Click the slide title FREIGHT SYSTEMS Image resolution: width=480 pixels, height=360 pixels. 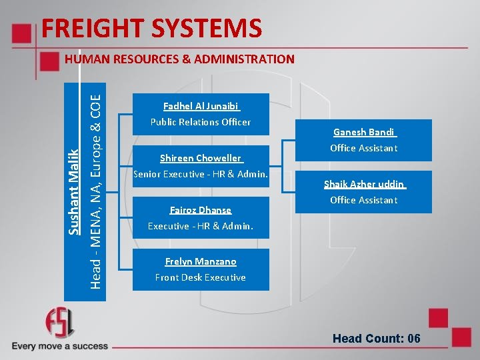click(151, 29)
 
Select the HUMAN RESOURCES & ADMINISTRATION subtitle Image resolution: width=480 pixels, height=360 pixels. click(179, 59)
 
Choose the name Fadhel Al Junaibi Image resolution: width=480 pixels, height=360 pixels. click(201, 106)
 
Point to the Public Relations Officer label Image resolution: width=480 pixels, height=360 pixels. click(201, 122)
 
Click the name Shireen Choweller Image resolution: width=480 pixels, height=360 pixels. click(201, 158)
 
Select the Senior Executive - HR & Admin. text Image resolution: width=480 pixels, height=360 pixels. click(201, 174)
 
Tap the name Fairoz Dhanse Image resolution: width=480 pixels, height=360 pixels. click(201, 210)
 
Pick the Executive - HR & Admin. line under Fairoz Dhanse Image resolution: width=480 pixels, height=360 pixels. click(201, 226)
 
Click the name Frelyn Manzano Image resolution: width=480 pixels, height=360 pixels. click(201, 262)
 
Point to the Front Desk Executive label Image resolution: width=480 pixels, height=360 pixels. click(201, 277)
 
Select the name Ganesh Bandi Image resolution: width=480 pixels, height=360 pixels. click(364, 132)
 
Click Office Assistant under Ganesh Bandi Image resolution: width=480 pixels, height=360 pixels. click(364, 148)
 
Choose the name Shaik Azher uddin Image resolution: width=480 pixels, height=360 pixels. click(364, 184)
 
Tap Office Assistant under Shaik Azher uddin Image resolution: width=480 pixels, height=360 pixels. click(364, 200)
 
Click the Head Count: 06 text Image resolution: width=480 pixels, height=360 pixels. click(377, 339)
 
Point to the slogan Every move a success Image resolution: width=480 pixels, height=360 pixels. click(60, 346)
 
